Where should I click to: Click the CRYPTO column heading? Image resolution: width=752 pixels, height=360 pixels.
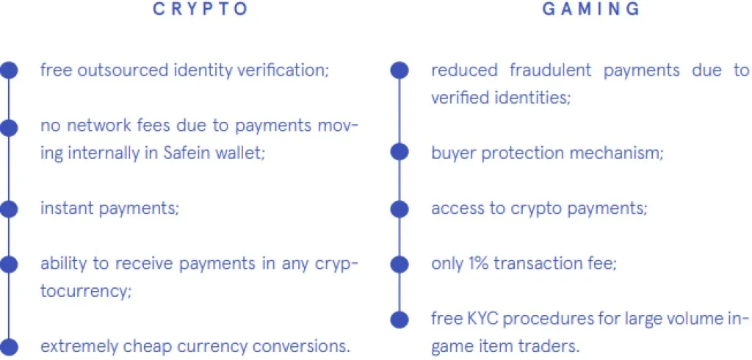200,9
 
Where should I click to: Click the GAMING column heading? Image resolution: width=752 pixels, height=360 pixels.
591,9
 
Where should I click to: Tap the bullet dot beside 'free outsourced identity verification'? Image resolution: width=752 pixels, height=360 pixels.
9,71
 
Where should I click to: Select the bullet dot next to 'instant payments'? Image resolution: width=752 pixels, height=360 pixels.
9,209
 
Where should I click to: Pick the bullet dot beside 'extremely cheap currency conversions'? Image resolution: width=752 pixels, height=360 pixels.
9,347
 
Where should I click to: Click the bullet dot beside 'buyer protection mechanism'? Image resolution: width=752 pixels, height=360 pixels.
399,153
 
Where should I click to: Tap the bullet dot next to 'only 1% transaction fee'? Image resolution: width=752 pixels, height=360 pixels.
399,264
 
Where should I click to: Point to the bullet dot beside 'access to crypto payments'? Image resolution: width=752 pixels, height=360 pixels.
399,209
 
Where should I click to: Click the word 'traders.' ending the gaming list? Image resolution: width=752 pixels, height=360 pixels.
549,346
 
